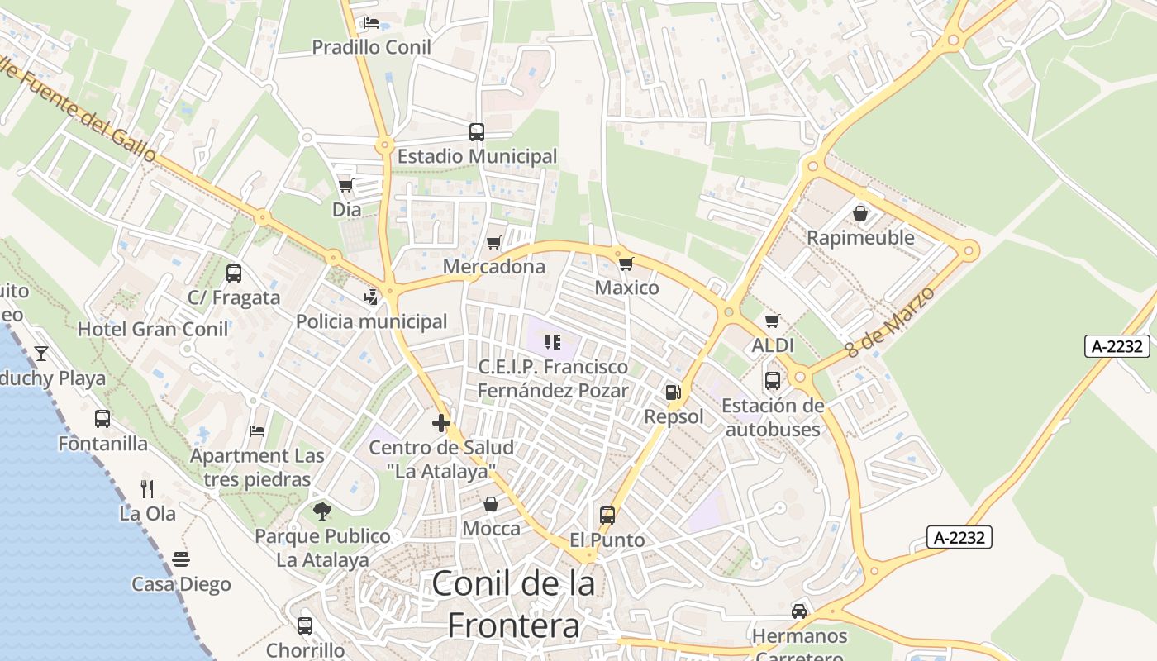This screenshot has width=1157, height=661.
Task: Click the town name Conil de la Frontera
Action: [x=513, y=604]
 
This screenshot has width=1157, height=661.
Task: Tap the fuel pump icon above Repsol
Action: [x=674, y=392]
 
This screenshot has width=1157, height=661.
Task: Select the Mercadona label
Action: [x=494, y=267]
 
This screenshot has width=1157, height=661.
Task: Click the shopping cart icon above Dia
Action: [x=346, y=185]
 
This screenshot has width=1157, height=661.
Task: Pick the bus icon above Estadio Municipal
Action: [x=477, y=131]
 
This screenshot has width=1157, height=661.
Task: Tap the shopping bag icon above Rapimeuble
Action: [x=860, y=213]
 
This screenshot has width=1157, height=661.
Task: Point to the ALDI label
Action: [x=773, y=345]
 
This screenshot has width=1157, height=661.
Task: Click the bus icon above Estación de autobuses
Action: [x=773, y=381]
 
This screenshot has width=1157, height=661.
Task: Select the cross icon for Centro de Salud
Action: [x=441, y=423]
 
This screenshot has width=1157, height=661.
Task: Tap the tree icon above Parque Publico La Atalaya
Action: [x=322, y=511]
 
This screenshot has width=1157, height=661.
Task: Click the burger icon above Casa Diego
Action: [x=181, y=559]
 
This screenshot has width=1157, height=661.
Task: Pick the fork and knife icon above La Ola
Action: [x=147, y=488]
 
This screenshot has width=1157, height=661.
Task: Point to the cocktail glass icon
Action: [x=40, y=354]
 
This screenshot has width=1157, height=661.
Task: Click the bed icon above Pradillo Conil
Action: [x=371, y=23]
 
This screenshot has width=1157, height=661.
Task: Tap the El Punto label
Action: [x=607, y=540]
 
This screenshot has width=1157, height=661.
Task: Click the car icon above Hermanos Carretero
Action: [x=799, y=611]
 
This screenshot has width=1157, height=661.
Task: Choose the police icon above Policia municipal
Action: [x=371, y=297]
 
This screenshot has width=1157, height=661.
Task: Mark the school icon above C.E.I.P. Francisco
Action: [x=553, y=341]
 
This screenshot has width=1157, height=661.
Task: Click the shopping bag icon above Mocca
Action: [x=491, y=504]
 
